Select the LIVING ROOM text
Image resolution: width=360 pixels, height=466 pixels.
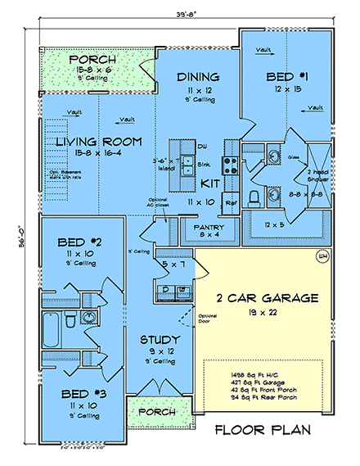coord(96,143)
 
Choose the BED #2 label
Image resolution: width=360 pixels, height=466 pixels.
coord(79,242)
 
